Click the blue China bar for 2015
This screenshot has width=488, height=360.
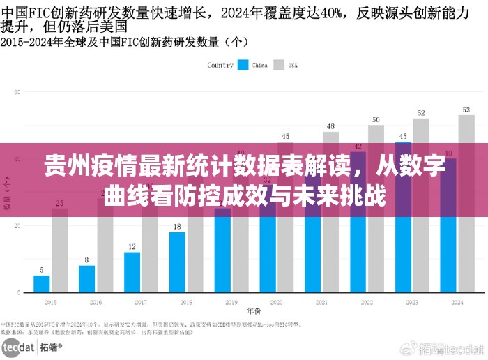point(42,284)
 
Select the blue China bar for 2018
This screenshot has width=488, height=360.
point(177,262)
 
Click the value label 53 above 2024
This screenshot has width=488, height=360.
point(466,110)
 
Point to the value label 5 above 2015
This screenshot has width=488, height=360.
point(42,270)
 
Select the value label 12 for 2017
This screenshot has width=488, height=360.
point(132,247)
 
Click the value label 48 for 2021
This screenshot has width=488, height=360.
point(330,126)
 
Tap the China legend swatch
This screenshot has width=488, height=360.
point(243,65)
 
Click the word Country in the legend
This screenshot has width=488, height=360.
point(220,65)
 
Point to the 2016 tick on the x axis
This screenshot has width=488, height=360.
point(96,303)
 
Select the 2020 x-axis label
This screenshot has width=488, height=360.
point(277,303)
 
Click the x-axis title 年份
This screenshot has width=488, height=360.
point(254,311)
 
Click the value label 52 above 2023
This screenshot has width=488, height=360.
point(421,112)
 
